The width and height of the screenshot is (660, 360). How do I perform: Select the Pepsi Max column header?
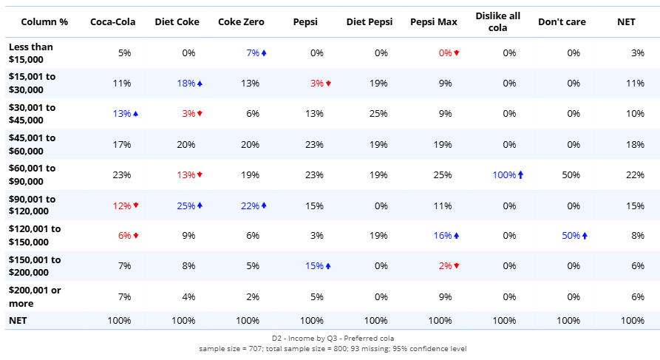coord(434,22)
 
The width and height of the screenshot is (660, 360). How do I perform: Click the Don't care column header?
coord(562,22)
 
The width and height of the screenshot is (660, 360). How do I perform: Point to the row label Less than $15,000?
coord(31,53)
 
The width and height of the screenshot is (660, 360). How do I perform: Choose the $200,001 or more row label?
coord(35,296)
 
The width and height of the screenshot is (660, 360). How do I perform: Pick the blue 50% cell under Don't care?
coord(571,236)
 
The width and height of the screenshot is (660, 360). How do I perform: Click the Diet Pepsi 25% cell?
coord(378,114)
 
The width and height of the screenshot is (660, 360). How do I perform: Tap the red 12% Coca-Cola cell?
coord(123,206)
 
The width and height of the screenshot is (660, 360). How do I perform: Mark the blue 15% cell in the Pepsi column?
coord(314,266)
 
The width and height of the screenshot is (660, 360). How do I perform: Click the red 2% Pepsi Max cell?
coord(445,266)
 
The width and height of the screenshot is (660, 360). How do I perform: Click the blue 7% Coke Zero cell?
coord(253,53)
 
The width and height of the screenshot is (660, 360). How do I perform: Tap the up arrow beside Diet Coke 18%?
coord(200,84)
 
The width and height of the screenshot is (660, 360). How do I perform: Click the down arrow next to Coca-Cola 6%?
coord(136,236)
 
